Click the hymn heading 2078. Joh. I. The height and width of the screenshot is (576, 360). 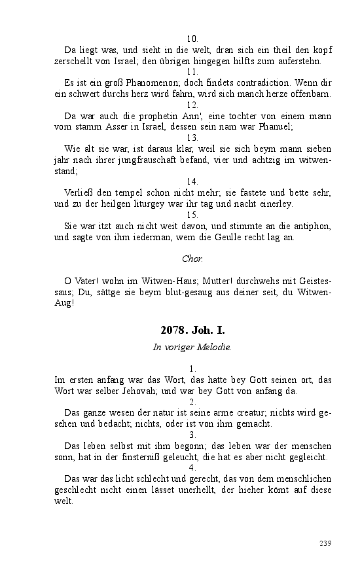[x=192, y=331]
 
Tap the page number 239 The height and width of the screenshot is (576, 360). [x=325, y=543]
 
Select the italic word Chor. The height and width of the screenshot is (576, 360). [x=192, y=259]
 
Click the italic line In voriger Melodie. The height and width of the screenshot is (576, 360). [x=192, y=348]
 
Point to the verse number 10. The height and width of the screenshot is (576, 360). [x=192, y=39]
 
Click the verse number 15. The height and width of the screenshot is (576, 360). [x=192, y=215]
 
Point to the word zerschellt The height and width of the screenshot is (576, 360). [x=76, y=62]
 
